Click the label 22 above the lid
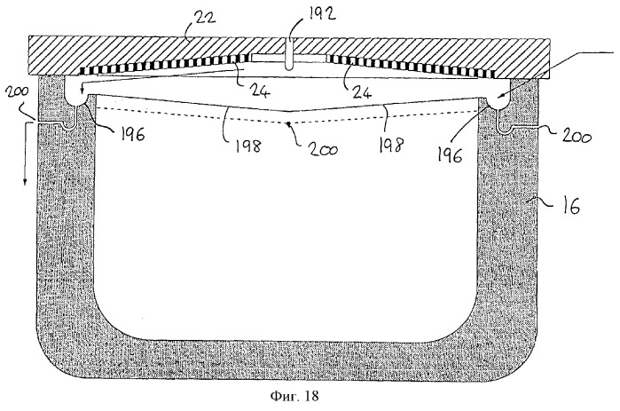coord(204,19)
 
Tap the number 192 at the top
coord(321,14)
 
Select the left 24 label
coord(260,91)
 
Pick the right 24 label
coord(361,91)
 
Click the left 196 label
coord(131,134)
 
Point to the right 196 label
coord(449,154)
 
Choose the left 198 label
coord(248,146)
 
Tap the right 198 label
coord(390,145)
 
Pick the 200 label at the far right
coord(577,138)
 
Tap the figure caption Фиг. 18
coord(294,396)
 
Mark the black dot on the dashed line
coord(289,123)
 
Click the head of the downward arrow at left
coord(25,182)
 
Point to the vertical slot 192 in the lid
coord(289,54)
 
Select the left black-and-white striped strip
coord(162,65)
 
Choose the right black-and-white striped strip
coord(413,67)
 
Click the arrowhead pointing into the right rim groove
coord(499,96)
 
